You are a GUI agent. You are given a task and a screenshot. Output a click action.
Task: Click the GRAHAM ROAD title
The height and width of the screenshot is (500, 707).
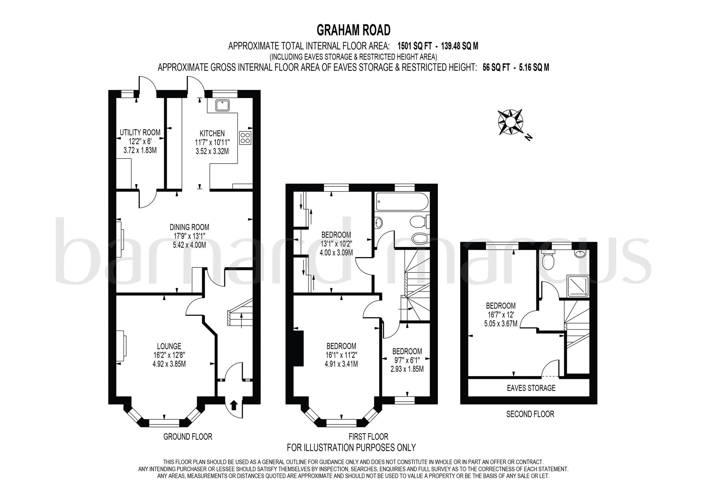353,30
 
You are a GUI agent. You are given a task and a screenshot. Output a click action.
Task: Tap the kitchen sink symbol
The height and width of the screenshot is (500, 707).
222,105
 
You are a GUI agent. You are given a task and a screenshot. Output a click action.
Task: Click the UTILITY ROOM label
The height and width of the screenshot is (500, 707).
140,133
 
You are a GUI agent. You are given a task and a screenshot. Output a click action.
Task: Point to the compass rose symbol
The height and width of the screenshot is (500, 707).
510,122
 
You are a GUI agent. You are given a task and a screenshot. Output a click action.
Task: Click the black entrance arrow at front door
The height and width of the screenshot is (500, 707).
234,405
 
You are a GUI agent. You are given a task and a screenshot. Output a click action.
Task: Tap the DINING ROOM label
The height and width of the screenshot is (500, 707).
189,227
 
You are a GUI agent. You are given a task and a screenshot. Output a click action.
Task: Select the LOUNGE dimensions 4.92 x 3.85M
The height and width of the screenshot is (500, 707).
169,364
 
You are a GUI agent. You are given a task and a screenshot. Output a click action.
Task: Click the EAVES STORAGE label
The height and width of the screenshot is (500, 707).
531,388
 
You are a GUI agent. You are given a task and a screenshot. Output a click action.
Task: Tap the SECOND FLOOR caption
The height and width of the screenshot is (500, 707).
530,414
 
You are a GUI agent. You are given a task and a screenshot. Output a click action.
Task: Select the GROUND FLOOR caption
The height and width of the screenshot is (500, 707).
188,437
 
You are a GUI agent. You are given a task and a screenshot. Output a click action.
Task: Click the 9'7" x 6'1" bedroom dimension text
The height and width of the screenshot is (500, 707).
407,360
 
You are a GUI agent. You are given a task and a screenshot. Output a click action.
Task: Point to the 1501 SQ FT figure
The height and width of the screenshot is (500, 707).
414,46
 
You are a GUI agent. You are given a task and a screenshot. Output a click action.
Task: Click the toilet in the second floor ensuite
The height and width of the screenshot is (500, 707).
548,261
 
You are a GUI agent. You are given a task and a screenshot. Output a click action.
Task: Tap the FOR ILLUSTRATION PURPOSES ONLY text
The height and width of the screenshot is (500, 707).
351,447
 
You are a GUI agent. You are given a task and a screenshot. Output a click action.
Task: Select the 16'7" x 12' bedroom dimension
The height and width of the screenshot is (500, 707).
501,315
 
